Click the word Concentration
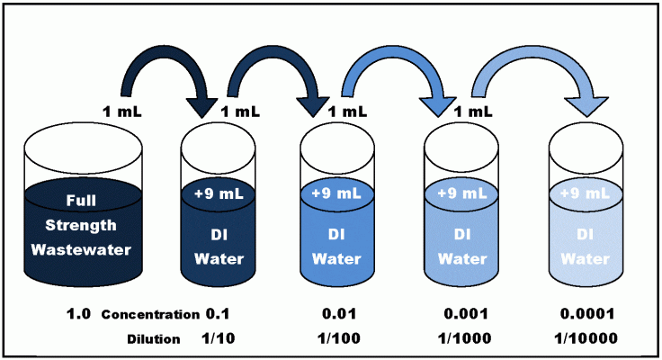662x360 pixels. (150, 315)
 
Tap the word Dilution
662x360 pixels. (154, 339)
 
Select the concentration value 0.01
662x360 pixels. (339, 314)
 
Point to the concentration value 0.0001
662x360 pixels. (587, 314)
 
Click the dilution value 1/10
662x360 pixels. (218, 338)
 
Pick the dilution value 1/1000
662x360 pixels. (464, 338)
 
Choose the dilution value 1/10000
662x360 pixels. (586, 338)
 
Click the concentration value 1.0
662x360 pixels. (78, 314)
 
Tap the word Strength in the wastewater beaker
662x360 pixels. (81, 225)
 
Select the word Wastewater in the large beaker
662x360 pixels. (81, 249)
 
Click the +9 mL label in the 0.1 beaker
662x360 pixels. (219, 193)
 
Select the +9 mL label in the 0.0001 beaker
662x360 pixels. (586, 193)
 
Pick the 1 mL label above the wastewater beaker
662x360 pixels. (122, 112)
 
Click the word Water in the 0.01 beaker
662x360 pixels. (336, 258)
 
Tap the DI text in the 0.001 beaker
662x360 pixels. (462, 234)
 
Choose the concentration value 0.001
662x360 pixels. (466, 314)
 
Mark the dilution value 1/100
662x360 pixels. (339, 338)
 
